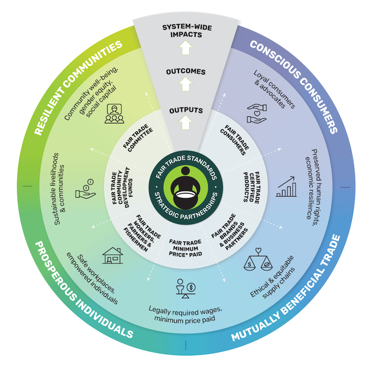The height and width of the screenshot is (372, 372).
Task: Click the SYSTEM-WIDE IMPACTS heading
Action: pyautogui.click(x=185, y=31)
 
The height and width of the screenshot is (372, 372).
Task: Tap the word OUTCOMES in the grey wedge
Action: pyautogui.click(x=185, y=72)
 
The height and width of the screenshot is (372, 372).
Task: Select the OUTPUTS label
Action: pyautogui.click(x=185, y=110)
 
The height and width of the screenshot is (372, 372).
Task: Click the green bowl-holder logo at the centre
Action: pyautogui.click(x=185, y=186)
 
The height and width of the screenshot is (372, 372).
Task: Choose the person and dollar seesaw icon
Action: pyautogui.click(x=185, y=288)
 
